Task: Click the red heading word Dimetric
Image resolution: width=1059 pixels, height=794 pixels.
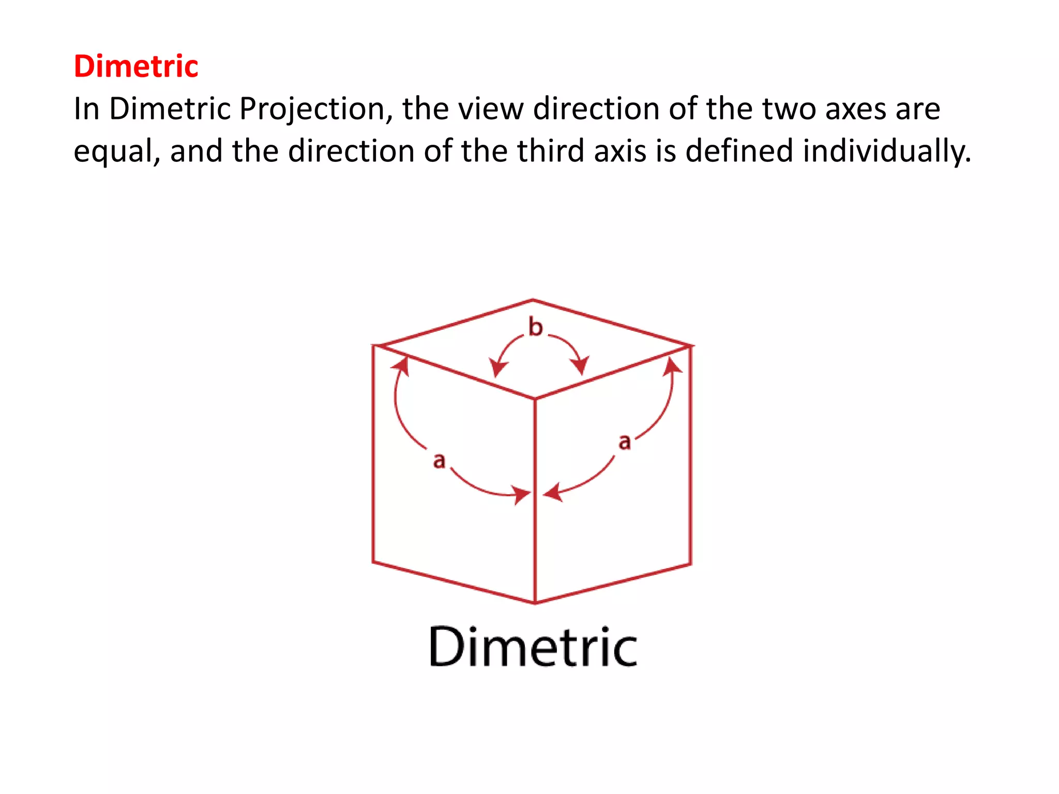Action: point(136,66)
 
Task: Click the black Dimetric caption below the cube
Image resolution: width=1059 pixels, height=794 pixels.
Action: point(533,647)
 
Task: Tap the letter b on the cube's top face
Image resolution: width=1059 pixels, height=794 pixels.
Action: point(536,327)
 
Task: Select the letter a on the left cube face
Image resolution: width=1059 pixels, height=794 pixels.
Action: point(439,460)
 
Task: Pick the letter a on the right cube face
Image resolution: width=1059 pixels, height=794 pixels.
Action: point(625,442)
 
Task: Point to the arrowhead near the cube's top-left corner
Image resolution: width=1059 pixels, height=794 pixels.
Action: point(401,365)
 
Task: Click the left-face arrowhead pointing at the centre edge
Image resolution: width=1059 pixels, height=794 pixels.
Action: point(521,495)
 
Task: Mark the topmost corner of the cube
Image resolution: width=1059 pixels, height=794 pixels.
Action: point(533,300)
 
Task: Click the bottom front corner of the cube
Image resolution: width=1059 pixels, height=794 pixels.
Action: point(535,603)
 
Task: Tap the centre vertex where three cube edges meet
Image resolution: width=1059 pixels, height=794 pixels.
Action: point(535,399)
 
